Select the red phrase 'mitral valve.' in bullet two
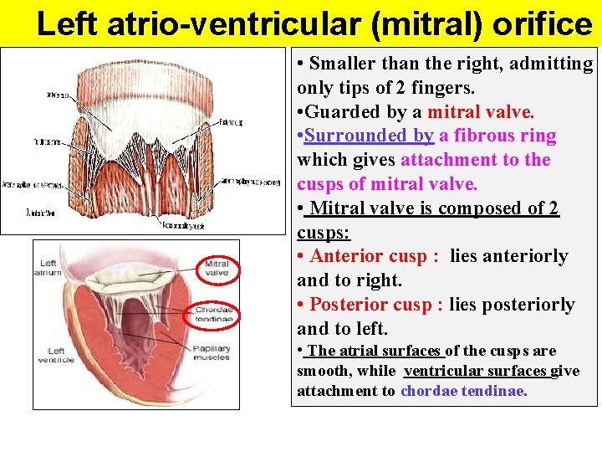[481, 112]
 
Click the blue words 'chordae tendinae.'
[464, 391]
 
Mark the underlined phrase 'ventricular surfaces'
[475, 371]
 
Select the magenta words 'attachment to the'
[476, 160]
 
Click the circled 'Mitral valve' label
[217, 268]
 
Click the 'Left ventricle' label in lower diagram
[56, 355]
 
